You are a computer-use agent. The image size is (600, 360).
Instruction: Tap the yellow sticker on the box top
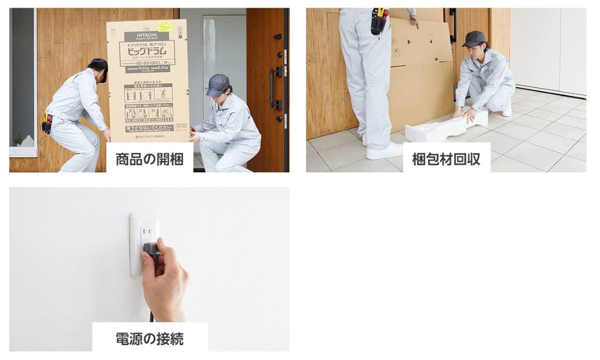[x=165, y=26]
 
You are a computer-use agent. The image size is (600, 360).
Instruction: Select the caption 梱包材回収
[x=446, y=159]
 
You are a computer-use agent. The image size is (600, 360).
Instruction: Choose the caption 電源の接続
[x=149, y=338]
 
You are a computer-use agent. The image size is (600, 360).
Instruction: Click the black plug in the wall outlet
[x=150, y=251]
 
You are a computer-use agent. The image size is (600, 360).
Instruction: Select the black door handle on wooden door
[x=272, y=87]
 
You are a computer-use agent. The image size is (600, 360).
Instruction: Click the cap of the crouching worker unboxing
[x=218, y=84]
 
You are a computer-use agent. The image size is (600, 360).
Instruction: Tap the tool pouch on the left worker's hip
[x=47, y=123]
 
